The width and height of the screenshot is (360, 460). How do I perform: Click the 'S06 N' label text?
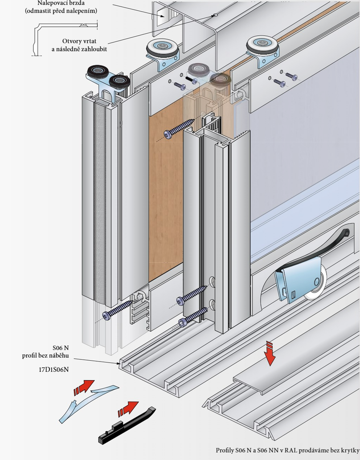61,348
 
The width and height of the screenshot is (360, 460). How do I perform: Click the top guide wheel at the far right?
262,46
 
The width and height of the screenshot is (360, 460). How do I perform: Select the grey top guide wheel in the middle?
162,47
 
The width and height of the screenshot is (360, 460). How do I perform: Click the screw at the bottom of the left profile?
117,310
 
